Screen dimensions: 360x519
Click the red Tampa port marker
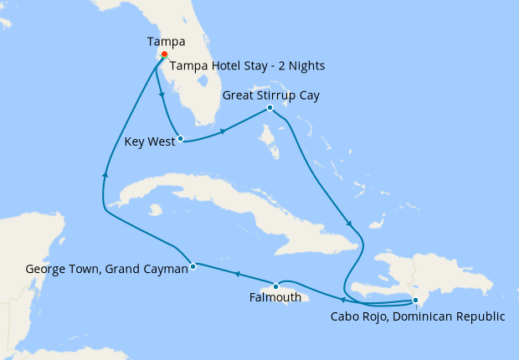click(164, 55)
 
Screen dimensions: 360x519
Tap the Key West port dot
click(180, 139)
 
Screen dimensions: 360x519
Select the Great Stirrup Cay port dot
click(270, 108)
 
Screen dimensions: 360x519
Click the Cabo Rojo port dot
click(415, 301)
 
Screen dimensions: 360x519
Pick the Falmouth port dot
click(275, 287)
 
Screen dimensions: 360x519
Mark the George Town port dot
click(193, 267)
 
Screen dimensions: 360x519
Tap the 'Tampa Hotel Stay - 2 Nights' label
click(247, 66)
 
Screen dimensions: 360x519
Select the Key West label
click(149, 141)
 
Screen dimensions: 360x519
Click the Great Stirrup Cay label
click(270, 95)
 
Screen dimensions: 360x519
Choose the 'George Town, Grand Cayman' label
click(106, 270)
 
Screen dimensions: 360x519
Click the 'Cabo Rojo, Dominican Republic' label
click(418, 316)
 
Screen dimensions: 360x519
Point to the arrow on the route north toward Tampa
click(105, 173)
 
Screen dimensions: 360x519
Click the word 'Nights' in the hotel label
click(306, 66)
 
